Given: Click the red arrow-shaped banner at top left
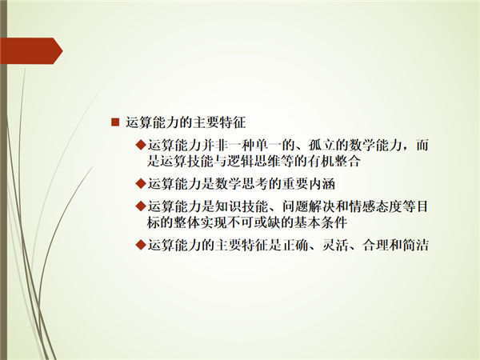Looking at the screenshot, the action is pyautogui.click(x=31, y=51).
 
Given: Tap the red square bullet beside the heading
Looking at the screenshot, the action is pyautogui.click(x=115, y=122).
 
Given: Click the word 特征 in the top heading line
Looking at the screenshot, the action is pyautogui.click(x=233, y=122).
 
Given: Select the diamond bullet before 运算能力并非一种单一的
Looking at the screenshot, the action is pyautogui.click(x=141, y=145).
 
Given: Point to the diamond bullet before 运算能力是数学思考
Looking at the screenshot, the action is pyautogui.click(x=141, y=184).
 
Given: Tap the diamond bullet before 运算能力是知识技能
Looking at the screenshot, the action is pyautogui.click(x=141, y=206).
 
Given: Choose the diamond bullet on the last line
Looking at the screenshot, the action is pyautogui.click(x=141, y=245).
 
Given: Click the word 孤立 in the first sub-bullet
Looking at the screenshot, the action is pyautogui.click(x=322, y=145).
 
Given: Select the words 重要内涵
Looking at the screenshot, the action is pyautogui.click(x=309, y=184).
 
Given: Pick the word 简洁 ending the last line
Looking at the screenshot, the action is pyautogui.click(x=415, y=245).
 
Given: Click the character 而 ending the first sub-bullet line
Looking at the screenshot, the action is pyautogui.click(x=422, y=145).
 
